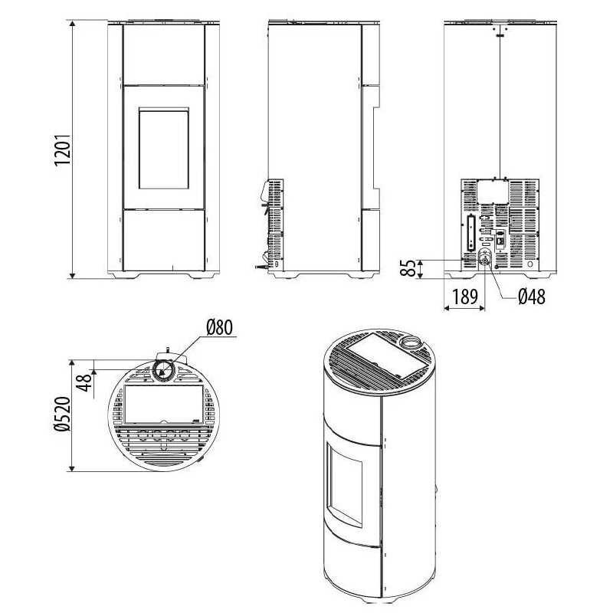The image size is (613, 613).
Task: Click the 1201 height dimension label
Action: (62, 149)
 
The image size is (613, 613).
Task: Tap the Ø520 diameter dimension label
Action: (62, 414)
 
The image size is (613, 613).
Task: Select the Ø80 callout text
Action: (219, 327)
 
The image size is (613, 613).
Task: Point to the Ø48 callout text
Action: (532, 297)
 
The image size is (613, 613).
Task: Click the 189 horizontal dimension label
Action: (465, 297)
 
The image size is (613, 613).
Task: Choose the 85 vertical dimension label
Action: (408, 268)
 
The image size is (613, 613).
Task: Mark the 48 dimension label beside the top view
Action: (84, 382)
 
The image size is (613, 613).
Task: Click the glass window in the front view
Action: (164, 149)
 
